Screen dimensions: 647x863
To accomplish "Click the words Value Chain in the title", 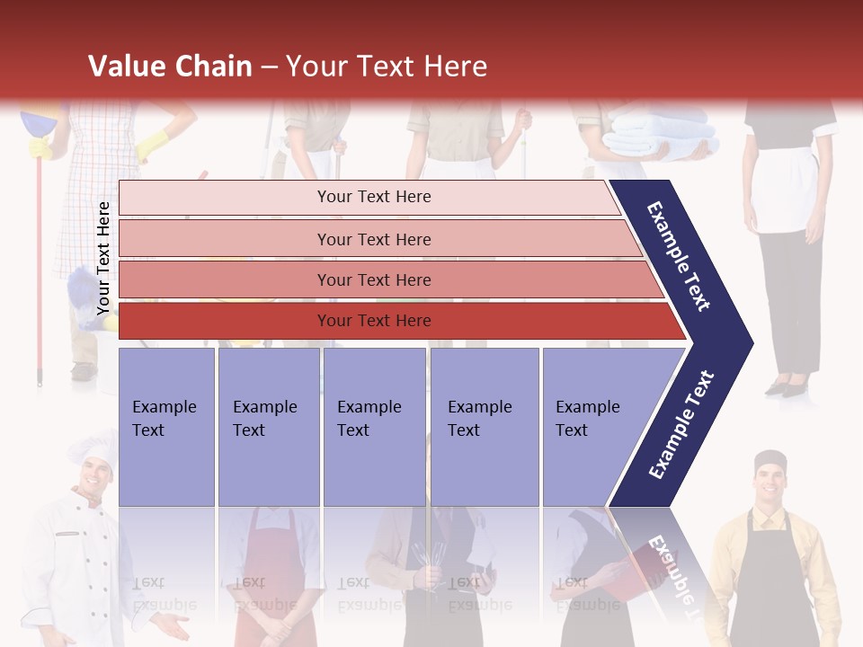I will [x=170, y=66].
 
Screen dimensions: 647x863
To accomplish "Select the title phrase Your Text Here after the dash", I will [x=387, y=66].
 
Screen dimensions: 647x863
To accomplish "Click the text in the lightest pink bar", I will [x=374, y=197].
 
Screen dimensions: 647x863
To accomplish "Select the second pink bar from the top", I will [x=374, y=239].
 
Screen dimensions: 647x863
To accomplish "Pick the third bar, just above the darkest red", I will [x=374, y=280].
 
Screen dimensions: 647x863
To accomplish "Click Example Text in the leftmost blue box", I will [x=165, y=419].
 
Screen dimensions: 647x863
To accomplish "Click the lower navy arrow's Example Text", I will [x=681, y=425].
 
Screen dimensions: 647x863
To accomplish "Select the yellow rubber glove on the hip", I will [x=153, y=143].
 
